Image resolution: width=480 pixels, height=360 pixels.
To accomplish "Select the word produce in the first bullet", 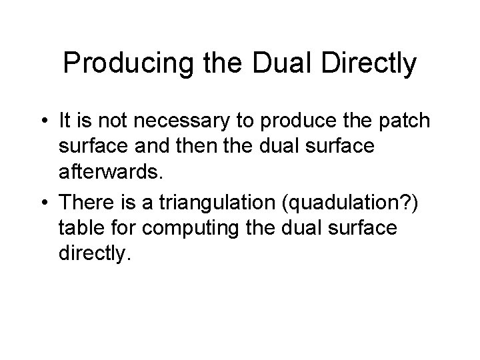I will click(300, 121).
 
